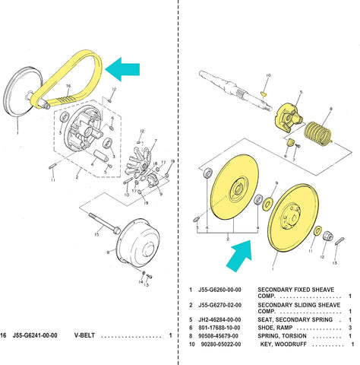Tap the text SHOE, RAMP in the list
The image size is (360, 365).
[278, 328]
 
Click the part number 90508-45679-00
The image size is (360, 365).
[220, 336]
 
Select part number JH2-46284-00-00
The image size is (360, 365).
[220, 319]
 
